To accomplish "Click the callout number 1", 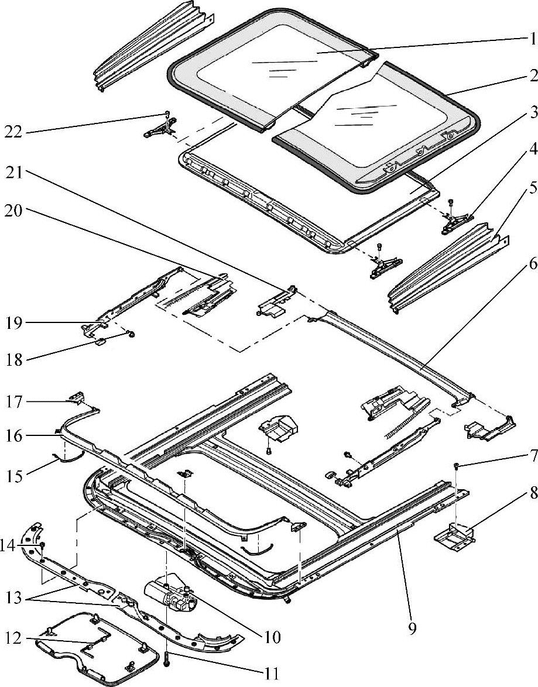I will (x=531, y=39).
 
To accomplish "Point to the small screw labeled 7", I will (x=454, y=466).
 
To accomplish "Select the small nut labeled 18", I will (x=131, y=335).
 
